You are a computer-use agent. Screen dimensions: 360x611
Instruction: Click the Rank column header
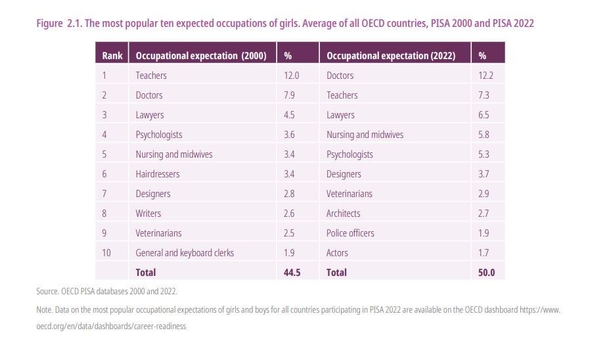[x=112, y=56]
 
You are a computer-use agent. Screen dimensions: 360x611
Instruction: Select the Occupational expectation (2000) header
[x=200, y=56]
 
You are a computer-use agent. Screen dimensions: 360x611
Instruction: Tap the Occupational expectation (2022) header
[x=390, y=56]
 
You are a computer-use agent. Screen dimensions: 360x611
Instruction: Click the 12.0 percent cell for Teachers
[x=291, y=76]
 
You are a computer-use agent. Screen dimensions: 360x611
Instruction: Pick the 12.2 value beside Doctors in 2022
[x=486, y=76]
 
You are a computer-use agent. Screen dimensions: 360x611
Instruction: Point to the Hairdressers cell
[x=158, y=174]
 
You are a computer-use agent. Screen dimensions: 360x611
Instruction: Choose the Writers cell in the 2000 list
[x=148, y=214]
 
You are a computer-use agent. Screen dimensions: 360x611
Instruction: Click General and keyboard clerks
[x=185, y=253]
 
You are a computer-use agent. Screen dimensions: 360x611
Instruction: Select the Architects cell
[x=344, y=214]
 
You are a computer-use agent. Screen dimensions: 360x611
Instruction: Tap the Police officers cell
[x=350, y=233]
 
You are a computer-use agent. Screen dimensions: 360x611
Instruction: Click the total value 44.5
[x=292, y=273]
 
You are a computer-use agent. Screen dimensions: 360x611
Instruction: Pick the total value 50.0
[x=486, y=273]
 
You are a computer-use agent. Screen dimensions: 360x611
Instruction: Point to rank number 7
[x=104, y=194]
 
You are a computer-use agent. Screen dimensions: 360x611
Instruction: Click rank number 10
[x=106, y=253]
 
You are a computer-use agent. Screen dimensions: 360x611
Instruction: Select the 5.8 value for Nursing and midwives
[x=484, y=135]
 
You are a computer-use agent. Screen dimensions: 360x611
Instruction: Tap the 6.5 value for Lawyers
[x=484, y=115]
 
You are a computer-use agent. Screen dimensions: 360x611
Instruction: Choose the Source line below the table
[x=106, y=291]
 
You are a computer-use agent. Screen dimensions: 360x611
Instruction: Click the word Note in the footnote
[x=44, y=309]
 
